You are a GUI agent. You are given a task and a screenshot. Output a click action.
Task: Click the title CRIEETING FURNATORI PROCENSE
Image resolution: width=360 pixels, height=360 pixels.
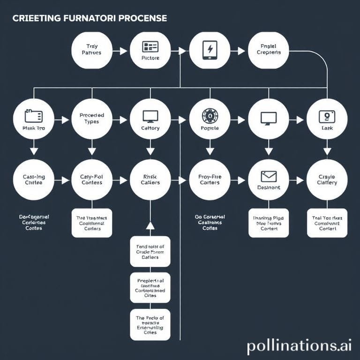pos(89,18)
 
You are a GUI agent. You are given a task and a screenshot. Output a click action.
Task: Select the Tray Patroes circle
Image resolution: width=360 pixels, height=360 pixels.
pos(91,50)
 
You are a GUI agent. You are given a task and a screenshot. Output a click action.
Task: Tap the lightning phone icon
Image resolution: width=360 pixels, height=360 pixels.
pos(210,49)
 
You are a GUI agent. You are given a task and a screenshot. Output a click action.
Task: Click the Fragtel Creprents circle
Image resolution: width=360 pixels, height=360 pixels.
pos(269,50)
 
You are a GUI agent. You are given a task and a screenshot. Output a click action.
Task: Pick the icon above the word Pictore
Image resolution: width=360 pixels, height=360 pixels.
pos(150,46)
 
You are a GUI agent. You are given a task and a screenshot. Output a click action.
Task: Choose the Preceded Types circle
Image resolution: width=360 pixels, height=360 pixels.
pos(92,119)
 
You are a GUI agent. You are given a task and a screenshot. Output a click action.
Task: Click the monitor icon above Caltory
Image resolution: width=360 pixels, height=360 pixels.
pos(150,116)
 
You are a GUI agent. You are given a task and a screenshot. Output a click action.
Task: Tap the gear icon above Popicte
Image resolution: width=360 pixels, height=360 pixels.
pos(210,115)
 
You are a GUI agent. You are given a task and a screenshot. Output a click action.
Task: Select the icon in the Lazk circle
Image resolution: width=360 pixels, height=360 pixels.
pos(327,116)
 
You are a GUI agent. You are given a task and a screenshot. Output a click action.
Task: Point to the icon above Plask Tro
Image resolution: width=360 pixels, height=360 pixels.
pos(33,116)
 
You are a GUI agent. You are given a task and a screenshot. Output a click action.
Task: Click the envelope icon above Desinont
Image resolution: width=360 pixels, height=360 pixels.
pos(269,176)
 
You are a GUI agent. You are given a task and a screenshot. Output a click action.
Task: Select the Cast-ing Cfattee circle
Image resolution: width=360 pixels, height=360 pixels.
pos(33,180)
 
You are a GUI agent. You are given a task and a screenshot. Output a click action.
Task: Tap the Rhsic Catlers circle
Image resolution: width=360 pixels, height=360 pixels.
pos(150,180)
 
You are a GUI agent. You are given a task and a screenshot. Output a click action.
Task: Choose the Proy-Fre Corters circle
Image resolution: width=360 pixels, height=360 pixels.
pos(210,180)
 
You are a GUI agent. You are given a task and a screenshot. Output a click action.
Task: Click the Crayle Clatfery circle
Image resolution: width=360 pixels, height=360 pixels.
pos(327,180)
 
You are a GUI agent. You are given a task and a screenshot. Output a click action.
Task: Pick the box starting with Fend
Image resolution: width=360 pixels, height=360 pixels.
pos(150,251)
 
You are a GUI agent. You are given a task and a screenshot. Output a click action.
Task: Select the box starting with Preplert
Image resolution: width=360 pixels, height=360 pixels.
pos(150,287)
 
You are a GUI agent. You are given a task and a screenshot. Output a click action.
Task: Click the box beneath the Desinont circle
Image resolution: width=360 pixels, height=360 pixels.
pos(269,223)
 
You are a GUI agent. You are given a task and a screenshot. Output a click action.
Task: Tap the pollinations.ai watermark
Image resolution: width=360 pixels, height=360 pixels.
pos(299,346)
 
